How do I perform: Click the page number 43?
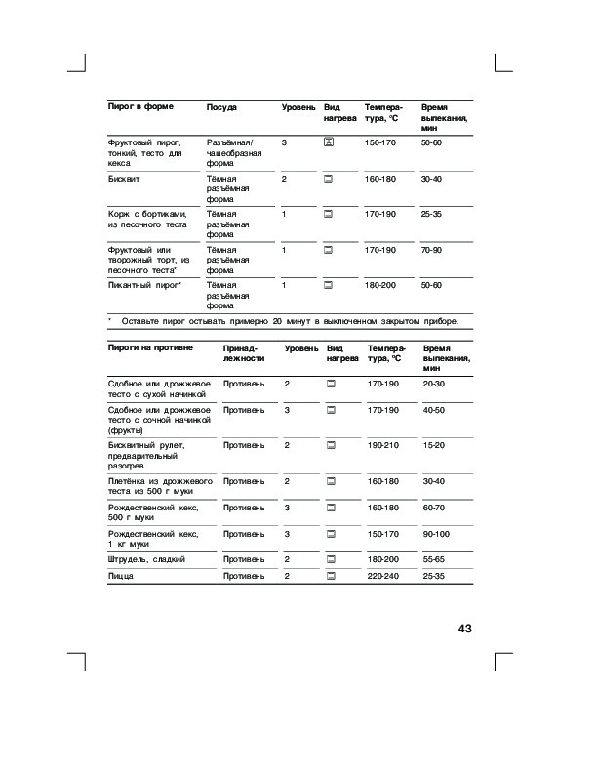point(464,629)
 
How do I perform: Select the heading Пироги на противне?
point(149,347)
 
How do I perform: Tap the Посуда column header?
point(221,105)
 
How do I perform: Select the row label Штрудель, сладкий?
point(146,559)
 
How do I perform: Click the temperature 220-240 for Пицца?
point(383,577)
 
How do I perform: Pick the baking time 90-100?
point(436,534)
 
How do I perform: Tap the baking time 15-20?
point(433,445)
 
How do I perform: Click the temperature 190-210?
point(383,445)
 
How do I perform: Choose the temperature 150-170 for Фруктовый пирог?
point(379,143)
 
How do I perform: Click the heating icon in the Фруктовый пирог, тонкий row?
point(328,143)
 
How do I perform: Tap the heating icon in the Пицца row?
point(331,577)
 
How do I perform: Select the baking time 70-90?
point(431,250)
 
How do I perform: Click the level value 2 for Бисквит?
point(284,179)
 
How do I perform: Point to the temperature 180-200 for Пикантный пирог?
point(379,285)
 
